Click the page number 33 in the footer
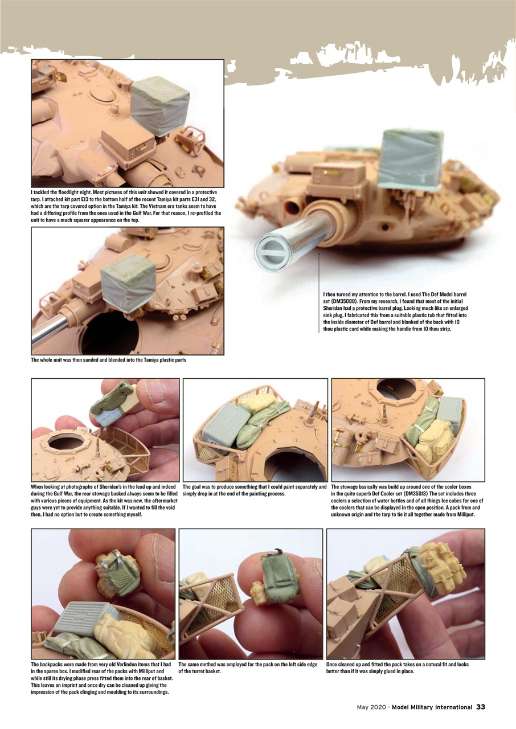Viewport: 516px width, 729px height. (480, 707)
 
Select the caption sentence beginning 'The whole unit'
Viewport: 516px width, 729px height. (109, 360)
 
